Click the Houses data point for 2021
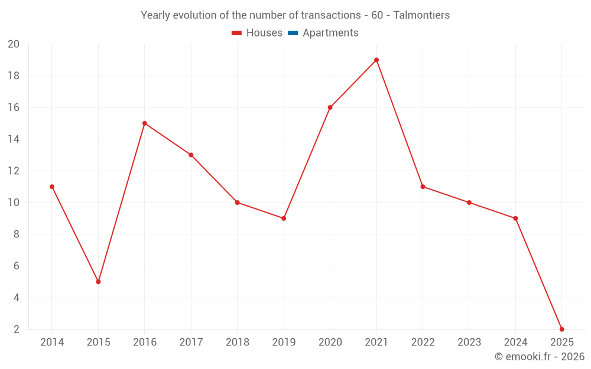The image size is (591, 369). click(x=376, y=60)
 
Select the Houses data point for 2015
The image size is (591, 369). click(x=98, y=282)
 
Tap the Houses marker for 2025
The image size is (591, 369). click(x=561, y=329)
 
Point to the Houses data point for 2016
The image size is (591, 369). click(x=145, y=123)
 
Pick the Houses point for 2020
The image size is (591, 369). click(x=330, y=107)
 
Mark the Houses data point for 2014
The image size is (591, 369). click(x=52, y=187)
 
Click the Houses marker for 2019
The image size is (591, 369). click(x=284, y=218)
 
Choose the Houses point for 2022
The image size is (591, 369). click(x=423, y=187)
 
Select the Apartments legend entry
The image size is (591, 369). click(x=330, y=33)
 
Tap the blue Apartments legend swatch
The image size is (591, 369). click(x=292, y=33)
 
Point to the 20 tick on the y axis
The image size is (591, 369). click(x=14, y=44)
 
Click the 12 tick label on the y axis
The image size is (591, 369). click(x=14, y=171)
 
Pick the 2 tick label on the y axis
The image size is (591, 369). click(x=16, y=329)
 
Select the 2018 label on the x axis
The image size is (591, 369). click(x=238, y=342)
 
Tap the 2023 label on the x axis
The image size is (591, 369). click(x=469, y=342)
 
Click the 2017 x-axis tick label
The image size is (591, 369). click(x=191, y=342)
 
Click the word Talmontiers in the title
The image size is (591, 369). click(x=421, y=15)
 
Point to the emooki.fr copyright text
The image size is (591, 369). click(x=540, y=357)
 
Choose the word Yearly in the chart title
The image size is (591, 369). click(x=154, y=15)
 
